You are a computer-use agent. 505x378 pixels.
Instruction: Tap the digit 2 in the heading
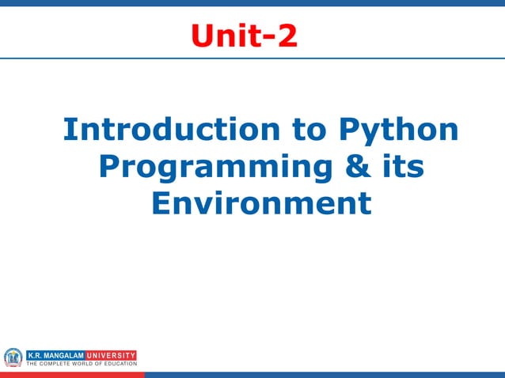coord(287,36)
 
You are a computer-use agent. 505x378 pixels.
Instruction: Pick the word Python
coord(398,130)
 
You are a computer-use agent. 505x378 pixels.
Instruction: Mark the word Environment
coord(260,204)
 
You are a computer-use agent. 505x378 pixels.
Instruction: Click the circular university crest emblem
coord(13,357)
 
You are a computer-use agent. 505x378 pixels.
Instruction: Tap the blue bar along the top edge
coord(252,3)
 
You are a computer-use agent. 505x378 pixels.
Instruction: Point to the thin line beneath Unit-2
coord(252,58)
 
